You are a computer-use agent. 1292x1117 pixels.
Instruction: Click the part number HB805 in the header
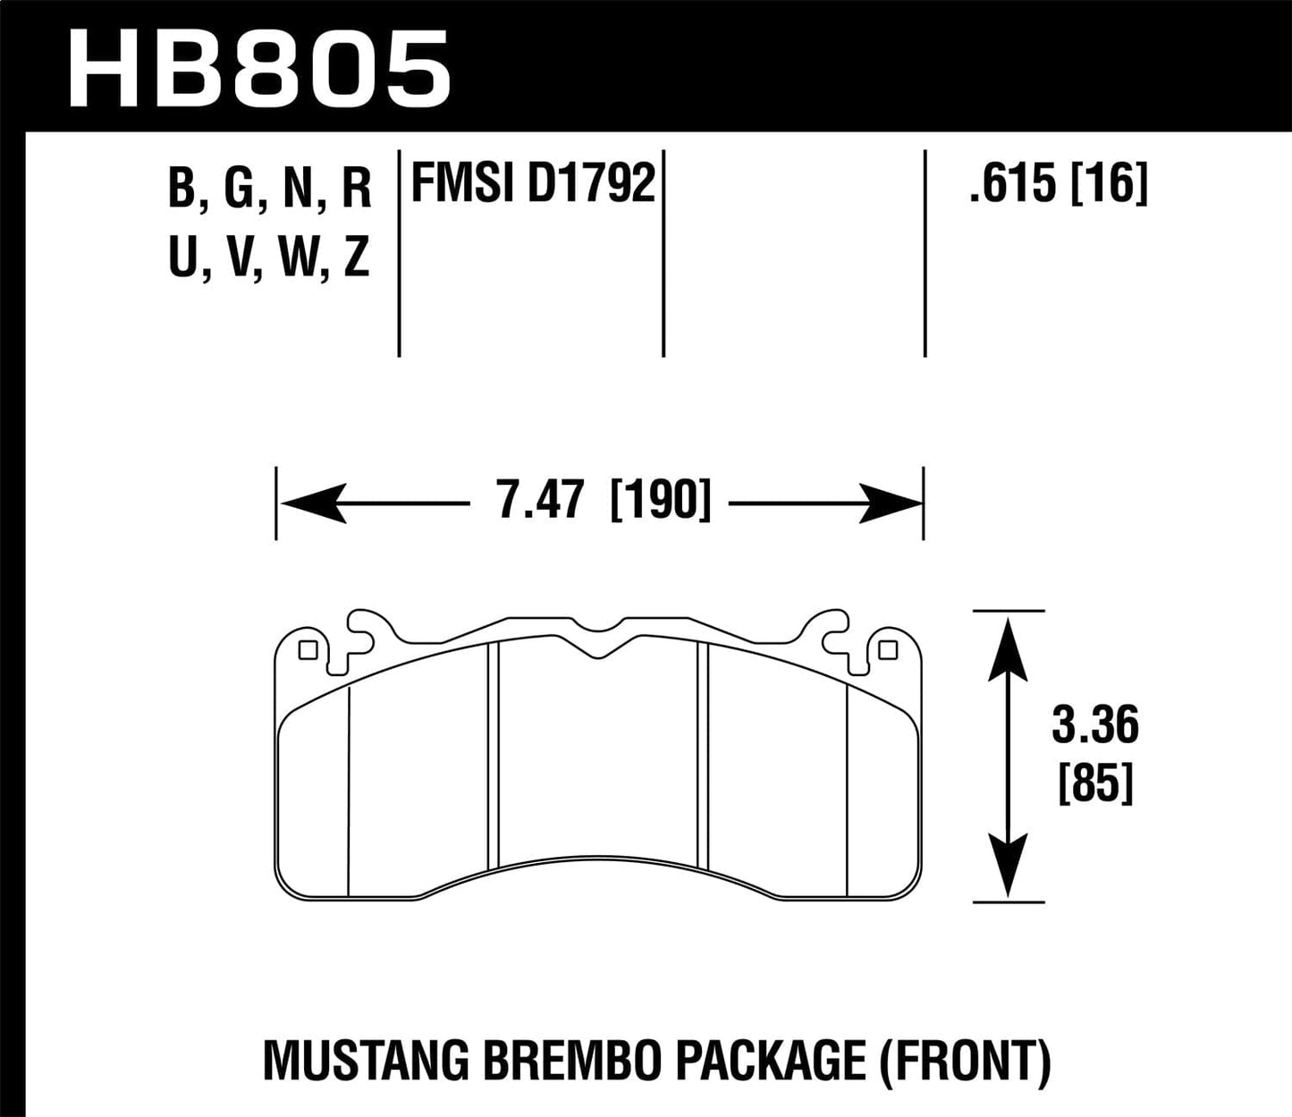258,68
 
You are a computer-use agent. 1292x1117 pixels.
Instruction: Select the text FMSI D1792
534,184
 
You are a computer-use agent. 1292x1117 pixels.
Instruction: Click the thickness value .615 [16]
1059,184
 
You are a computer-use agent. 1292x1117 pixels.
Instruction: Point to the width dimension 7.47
540,500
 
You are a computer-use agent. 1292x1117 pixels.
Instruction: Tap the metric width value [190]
660,500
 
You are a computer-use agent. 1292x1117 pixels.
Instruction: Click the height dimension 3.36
1094,726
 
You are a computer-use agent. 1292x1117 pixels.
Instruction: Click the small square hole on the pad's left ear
308,650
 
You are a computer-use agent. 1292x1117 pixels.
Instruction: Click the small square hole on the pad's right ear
887,650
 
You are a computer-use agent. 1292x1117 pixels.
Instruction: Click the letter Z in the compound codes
356,258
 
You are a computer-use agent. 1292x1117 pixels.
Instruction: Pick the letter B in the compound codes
182,190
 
